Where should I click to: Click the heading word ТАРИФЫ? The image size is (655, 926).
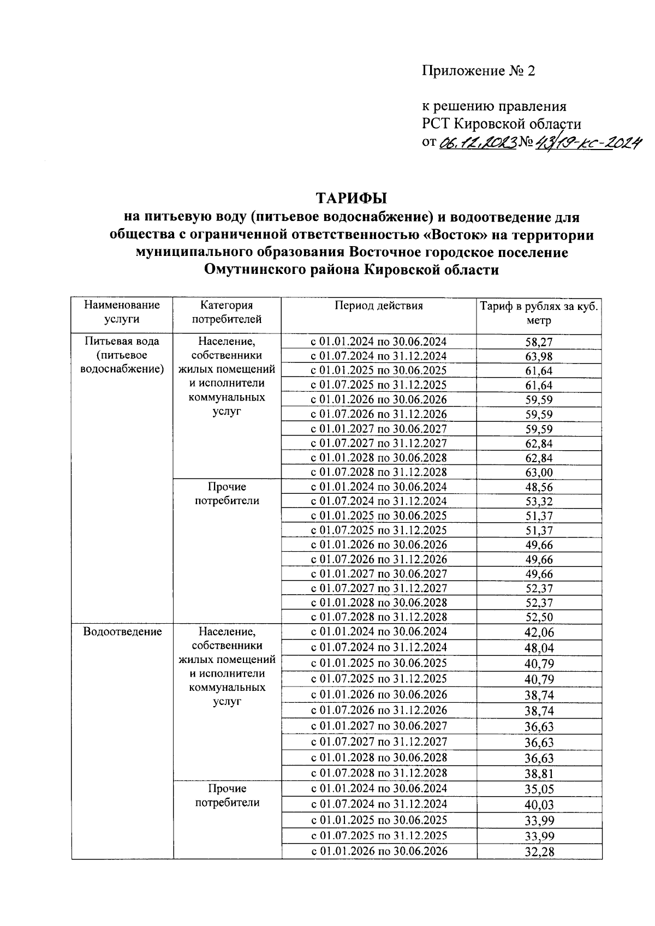pos(352,197)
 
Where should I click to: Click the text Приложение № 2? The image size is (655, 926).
pos(479,71)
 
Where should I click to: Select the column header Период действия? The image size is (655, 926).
pos(379,306)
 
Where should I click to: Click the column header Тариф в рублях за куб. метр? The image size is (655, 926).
pos(539,313)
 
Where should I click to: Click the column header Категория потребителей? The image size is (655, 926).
pos(227,312)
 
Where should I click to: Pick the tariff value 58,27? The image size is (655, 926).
pos(539,343)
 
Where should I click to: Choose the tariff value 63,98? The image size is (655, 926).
pos(539,357)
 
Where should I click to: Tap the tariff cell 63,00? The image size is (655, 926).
pos(539,473)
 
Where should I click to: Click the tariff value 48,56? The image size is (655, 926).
pos(539,487)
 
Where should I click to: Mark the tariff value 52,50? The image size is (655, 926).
pos(539,617)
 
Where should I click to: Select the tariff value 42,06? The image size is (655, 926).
pos(539,632)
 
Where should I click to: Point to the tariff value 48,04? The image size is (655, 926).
pos(539,648)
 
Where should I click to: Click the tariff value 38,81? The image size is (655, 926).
pos(539,774)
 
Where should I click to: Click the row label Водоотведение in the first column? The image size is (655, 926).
pos(122,632)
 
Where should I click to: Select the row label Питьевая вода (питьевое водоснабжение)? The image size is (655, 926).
pos(122,355)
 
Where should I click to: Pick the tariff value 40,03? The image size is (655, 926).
pos(539,805)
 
